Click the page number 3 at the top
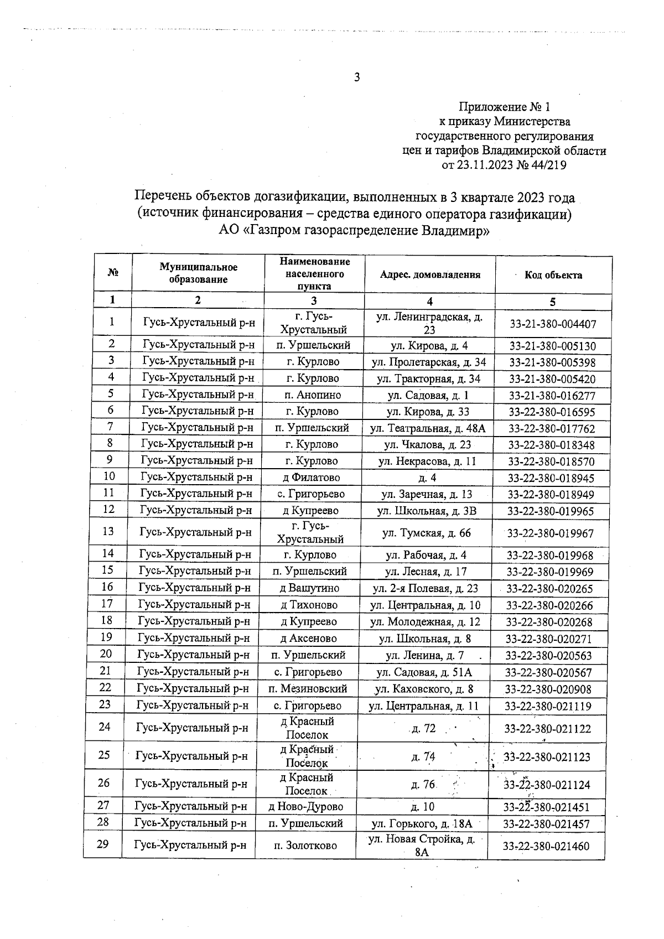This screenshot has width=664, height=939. click(x=357, y=77)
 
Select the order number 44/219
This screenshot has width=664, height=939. click(x=547, y=165)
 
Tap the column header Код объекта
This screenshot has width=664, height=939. click(x=553, y=275)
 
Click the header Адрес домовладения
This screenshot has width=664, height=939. click(x=430, y=275)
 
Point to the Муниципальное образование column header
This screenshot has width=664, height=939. click(x=198, y=273)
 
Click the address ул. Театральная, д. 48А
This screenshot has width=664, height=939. click(x=429, y=428)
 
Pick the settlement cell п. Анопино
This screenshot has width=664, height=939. click(x=313, y=395)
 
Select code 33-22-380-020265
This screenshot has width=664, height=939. click(x=549, y=589)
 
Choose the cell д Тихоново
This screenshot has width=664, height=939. click(x=309, y=605)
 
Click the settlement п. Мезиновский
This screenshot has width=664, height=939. click(x=308, y=689)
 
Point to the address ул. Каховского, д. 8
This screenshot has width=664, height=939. click(x=424, y=689)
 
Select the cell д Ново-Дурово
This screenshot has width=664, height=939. click(x=305, y=806)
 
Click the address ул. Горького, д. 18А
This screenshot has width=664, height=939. click(x=422, y=823)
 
